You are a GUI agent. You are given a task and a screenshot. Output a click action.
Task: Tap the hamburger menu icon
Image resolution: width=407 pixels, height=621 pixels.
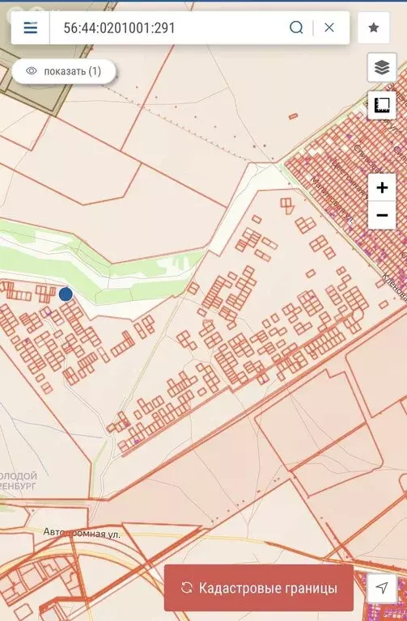[x=31, y=27]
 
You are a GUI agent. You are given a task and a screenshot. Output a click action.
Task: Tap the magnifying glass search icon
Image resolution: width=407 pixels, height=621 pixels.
[x=296, y=27]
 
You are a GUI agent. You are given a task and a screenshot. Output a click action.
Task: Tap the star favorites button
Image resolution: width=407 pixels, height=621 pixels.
[x=374, y=27]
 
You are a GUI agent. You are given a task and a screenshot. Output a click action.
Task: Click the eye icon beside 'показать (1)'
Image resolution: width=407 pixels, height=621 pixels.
[x=32, y=71]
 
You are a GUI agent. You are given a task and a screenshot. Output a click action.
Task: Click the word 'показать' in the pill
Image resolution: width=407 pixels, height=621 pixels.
[x=65, y=71]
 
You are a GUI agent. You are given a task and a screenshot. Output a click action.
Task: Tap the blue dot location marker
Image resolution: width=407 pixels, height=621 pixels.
[x=66, y=294]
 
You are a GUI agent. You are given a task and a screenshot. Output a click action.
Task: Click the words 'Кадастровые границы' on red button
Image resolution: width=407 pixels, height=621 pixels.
[x=268, y=588]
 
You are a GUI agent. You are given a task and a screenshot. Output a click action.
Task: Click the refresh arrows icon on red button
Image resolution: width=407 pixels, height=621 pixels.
[x=187, y=588]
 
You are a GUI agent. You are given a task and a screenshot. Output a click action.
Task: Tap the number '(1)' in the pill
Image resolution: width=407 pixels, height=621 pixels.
[x=95, y=71]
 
